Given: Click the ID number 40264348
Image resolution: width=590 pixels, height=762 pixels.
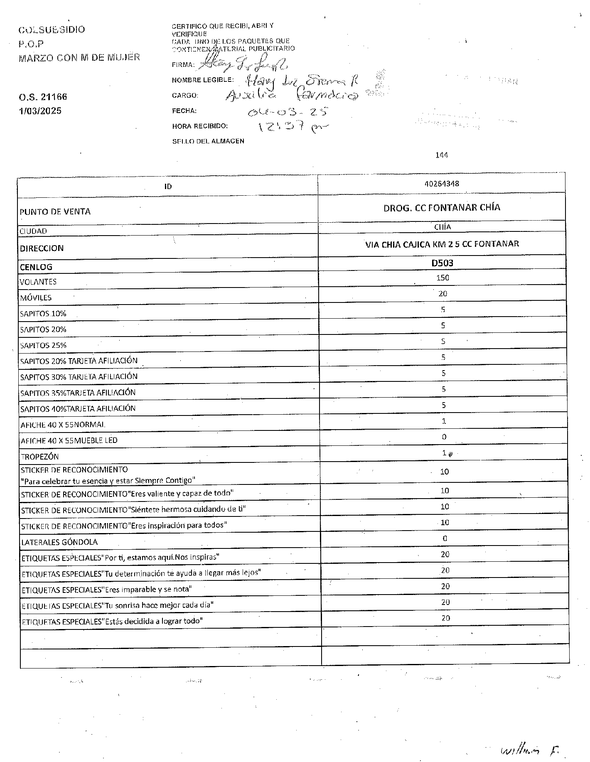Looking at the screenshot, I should (442, 184).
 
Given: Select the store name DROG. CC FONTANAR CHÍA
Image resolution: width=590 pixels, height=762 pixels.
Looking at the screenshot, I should (442, 208).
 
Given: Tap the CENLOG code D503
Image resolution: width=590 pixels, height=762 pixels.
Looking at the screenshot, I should (442, 263).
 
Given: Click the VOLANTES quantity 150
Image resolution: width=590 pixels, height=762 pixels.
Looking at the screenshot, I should (442, 278).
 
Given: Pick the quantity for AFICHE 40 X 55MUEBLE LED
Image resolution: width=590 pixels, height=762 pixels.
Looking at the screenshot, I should (444, 437).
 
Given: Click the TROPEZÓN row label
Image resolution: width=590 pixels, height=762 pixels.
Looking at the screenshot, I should (39, 457).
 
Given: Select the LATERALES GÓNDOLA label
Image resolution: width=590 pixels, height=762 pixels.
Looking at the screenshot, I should (59, 542).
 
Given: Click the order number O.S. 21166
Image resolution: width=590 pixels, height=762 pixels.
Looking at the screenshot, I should (43, 97).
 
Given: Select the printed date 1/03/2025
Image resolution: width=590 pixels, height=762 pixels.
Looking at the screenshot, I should (40, 111).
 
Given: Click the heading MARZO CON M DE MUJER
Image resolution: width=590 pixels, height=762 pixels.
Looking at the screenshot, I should (79, 58).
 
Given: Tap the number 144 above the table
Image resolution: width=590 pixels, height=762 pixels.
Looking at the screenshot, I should (442, 155).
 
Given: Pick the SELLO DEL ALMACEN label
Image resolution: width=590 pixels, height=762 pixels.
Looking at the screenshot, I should (208, 141).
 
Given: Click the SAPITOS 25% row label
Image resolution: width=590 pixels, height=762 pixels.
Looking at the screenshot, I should (43, 345).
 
